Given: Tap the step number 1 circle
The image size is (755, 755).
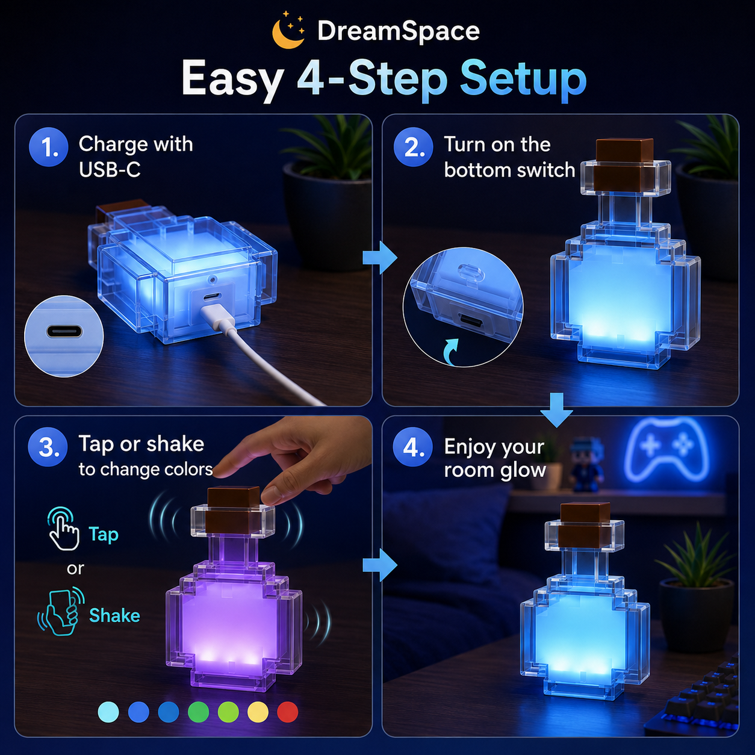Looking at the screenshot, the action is [49, 147].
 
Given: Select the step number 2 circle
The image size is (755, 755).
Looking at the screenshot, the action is [414, 147].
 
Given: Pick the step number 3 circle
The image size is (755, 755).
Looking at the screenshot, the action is [48, 447].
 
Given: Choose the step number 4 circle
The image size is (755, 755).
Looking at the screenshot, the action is [412, 447].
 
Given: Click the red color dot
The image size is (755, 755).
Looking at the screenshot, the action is [288, 712].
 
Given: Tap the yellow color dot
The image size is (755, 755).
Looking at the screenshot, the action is [258, 712].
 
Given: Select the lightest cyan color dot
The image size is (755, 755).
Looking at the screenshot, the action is [108, 712].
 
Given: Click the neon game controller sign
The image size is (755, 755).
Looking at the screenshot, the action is [666, 450].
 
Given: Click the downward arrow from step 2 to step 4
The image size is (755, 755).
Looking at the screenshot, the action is [557, 410].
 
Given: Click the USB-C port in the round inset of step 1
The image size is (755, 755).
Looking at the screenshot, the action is [64, 332].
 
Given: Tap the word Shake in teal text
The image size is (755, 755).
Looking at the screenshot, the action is [114, 615].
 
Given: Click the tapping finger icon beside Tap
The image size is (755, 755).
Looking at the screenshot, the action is [63, 529].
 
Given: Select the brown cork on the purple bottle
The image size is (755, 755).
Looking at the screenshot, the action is [234, 509].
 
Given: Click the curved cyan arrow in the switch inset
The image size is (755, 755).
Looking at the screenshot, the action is [450, 352].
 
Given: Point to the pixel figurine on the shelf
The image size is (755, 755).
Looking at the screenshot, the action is [585, 464].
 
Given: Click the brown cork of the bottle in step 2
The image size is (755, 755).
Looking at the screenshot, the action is [624, 164].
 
